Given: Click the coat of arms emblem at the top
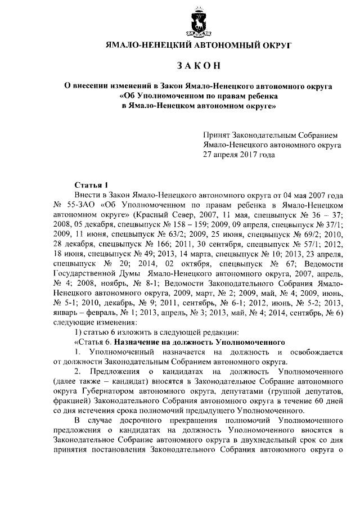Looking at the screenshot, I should pyautogui.click(x=198, y=22).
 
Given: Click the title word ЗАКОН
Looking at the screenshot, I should pyautogui.click(x=198, y=66).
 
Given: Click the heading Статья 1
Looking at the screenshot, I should pyautogui.click(x=91, y=184).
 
